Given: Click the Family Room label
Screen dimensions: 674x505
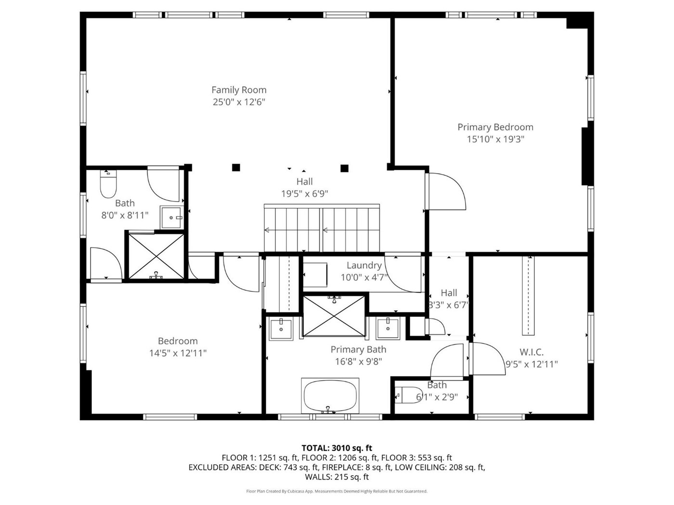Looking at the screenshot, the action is pos(239,90).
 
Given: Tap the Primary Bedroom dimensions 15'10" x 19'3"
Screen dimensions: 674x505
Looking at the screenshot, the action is pos(495,139).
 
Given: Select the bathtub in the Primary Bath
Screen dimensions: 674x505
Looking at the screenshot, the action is pos(330,396).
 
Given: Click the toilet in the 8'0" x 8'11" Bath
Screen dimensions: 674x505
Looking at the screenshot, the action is pos(108,184).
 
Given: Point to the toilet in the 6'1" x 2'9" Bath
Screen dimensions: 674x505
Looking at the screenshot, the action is pos(405,395).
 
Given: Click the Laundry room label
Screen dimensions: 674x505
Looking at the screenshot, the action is pos(364,265).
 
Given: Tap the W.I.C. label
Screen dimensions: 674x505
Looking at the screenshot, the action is pos(531,352).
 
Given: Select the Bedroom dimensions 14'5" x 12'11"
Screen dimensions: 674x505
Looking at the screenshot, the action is pos(178,353).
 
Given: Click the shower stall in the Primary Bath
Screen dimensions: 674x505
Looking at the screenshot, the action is pos(334,316).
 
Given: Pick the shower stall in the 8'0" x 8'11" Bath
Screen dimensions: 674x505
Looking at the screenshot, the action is pos(156,256).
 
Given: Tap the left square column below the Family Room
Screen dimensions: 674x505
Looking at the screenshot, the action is pos(236,167).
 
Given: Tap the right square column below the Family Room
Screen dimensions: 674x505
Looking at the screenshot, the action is pos(345,168).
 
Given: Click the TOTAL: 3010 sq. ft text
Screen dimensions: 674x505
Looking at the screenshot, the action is pos(337,448).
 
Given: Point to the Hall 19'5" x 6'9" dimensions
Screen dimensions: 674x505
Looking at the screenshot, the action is pos(305,194).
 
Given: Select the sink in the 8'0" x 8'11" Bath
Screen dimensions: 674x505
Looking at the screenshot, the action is pos(171,217).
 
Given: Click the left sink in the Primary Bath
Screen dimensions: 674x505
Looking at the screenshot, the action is pos(281,329).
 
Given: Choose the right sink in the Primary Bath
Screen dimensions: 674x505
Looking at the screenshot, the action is pos(388,328).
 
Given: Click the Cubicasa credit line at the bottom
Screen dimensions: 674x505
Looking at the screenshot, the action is pos(337,491).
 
